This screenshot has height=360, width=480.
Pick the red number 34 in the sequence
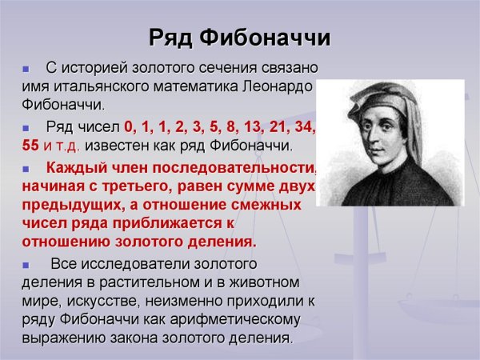[304, 127]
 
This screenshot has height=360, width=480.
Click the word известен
[116, 147]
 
